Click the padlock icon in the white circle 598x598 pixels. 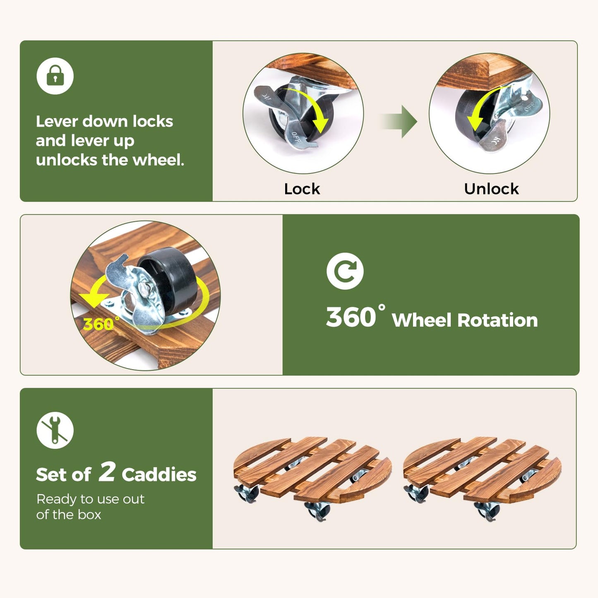pyautogui.click(x=55, y=76)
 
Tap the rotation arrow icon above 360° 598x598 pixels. pyautogui.click(x=345, y=271)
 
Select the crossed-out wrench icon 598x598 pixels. pyautogui.click(x=55, y=430)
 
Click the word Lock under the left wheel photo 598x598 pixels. pyautogui.click(x=302, y=189)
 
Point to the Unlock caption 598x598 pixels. pyautogui.click(x=491, y=189)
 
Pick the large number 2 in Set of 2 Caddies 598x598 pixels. pyautogui.click(x=107, y=472)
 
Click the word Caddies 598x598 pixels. pyautogui.click(x=159, y=475)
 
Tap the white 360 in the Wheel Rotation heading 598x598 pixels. pyautogui.click(x=351, y=317)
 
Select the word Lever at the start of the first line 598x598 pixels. pyautogui.click(x=57, y=121)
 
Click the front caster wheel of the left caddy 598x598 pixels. pyautogui.click(x=317, y=511)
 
